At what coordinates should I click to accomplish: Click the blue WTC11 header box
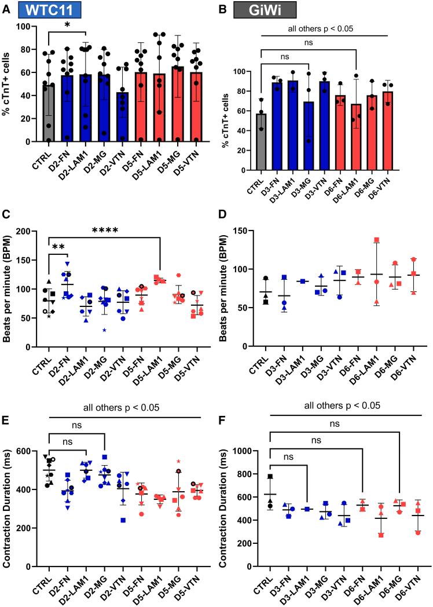[48, 9]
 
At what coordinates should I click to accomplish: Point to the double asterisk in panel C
[59, 231]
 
